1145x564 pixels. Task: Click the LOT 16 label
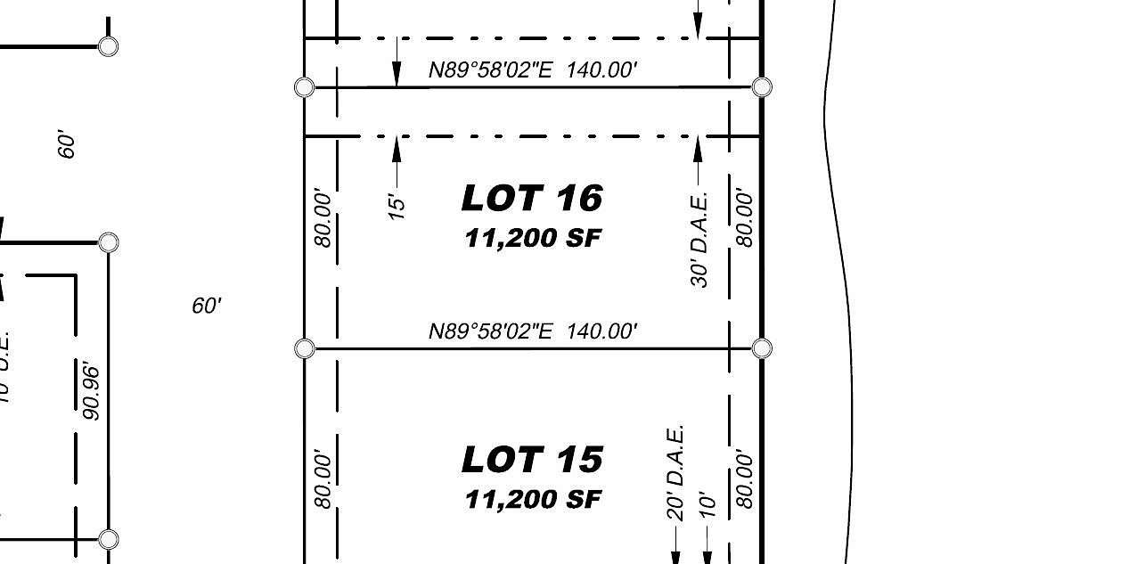(532, 198)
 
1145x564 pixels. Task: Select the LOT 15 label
(532, 460)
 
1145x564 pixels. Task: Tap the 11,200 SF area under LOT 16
(532, 239)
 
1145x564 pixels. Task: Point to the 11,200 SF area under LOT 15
(532, 500)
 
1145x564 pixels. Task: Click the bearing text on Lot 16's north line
(532, 70)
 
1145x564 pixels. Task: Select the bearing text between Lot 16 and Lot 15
(532, 331)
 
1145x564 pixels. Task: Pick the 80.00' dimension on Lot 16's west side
(323, 219)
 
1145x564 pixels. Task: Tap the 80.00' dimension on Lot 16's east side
(745, 219)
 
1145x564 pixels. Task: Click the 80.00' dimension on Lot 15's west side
(323, 480)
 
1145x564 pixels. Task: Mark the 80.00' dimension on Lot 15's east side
(745, 480)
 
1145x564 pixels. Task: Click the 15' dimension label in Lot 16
(397, 204)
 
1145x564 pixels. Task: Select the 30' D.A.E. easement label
(699, 239)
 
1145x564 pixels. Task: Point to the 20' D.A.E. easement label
(675, 472)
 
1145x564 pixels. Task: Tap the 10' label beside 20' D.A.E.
(707, 504)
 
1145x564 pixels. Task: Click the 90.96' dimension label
(90, 390)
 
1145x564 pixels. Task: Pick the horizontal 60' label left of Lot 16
(206, 306)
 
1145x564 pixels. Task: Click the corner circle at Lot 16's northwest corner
(304, 86)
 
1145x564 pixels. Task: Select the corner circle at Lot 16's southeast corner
(762, 348)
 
